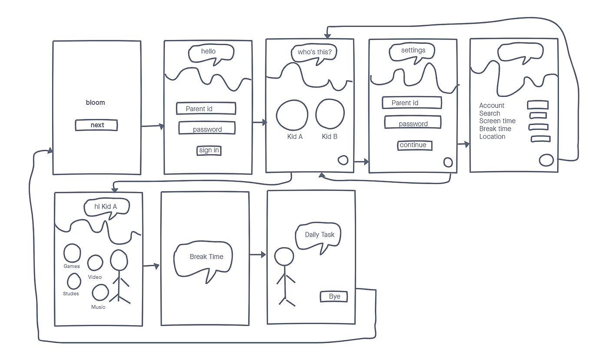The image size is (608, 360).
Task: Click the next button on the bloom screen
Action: pyautogui.click(x=97, y=125)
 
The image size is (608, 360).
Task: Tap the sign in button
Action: pyautogui.click(x=209, y=150)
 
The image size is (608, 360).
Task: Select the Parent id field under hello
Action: pyautogui.click(x=206, y=109)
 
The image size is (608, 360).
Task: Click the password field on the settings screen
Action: pyautogui.click(x=413, y=123)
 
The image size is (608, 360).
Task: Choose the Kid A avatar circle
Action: pyautogui.click(x=292, y=115)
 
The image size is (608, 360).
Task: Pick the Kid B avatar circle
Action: pyautogui.click(x=330, y=115)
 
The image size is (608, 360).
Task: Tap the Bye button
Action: pyautogui.click(x=334, y=297)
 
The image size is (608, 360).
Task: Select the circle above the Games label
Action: pyautogui.click(x=72, y=253)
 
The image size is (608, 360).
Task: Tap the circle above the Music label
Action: pyautogui.click(x=100, y=293)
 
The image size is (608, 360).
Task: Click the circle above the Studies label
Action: pyautogui.click(x=74, y=281)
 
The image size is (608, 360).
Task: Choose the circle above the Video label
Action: pyautogui.click(x=95, y=263)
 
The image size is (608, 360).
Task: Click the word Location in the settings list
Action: pyautogui.click(x=492, y=136)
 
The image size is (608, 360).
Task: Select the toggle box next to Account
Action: pyautogui.click(x=537, y=105)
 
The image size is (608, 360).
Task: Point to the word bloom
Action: pyautogui.click(x=96, y=102)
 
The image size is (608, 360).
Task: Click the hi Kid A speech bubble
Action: pyautogui.click(x=106, y=207)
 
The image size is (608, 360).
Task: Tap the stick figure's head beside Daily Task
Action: pyautogui.click(x=284, y=257)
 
